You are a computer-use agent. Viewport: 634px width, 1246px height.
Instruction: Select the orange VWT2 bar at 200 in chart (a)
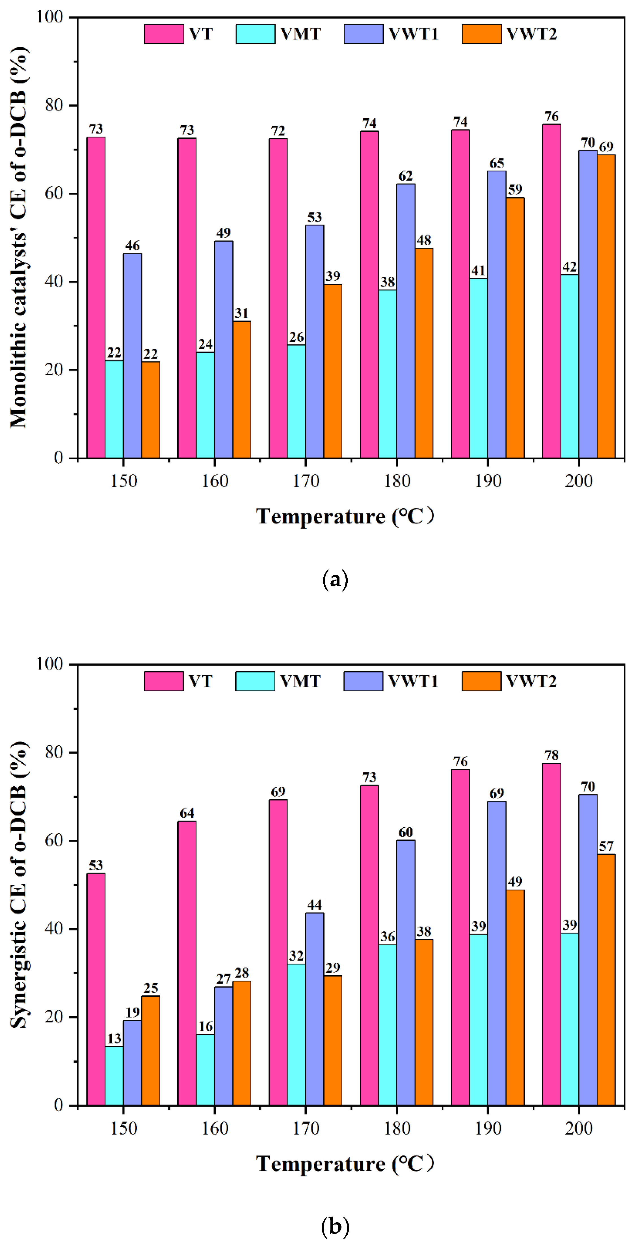click(606, 306)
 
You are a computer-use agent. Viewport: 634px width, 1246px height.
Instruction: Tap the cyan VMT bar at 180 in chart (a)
click(388, 373)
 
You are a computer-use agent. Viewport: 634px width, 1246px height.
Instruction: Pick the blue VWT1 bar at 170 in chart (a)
click(315, 341)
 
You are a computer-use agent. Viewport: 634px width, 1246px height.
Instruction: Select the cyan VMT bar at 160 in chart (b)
click(205, 1069)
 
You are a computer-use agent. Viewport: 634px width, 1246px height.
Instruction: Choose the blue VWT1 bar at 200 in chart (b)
click(588, 950)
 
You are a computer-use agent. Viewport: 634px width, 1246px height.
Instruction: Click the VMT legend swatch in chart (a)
click(255, 34)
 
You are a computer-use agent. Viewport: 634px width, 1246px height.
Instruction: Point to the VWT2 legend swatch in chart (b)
click(481, 681)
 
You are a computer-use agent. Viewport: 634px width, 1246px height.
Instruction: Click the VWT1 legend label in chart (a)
click(414, 34)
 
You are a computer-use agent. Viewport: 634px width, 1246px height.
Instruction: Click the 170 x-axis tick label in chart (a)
click(306, 481)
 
